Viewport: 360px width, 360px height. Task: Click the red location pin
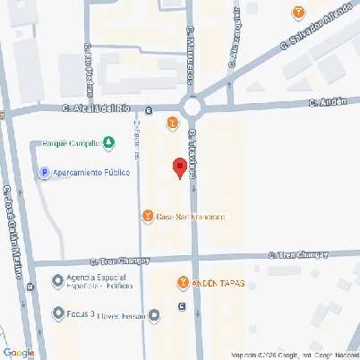[x=179, y=167]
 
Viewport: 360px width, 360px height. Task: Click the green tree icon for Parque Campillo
[x=108, y=142]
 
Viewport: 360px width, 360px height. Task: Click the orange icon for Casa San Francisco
[x=148, y=217]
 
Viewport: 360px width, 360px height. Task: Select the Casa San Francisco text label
[x=190, y=218]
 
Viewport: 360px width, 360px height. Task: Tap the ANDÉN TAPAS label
[x=219, y=283]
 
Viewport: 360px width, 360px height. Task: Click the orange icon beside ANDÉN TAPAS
[x=184, y=283]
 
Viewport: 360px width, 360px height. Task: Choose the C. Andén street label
[x=327, y=102]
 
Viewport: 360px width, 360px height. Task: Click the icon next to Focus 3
[x=58, y=314]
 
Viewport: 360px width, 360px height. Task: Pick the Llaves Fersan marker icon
[x=155, y=314]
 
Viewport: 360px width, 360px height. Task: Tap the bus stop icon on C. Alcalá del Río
[x=149, y=111]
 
